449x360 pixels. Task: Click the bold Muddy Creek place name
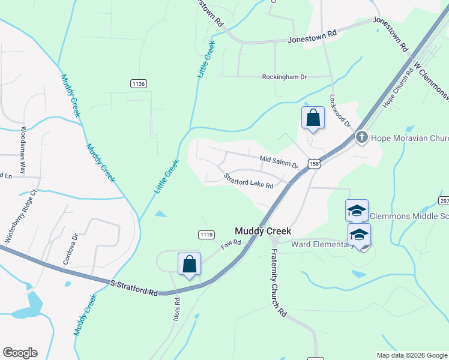[263, 231]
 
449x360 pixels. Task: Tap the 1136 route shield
[138, 84]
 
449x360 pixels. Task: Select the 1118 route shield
[206, 234]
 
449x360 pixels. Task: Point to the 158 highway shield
[312, 163]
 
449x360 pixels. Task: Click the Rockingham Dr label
[284, 77]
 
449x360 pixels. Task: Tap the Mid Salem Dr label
[279, 161]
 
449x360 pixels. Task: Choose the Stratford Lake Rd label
[249, 181]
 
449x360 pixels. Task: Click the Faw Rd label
[231, 244]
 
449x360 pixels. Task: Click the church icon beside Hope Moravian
[361, 137]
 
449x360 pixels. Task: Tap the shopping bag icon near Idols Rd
[189, 264]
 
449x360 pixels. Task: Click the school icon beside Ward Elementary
[359, 235]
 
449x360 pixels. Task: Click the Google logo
[20, 353]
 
